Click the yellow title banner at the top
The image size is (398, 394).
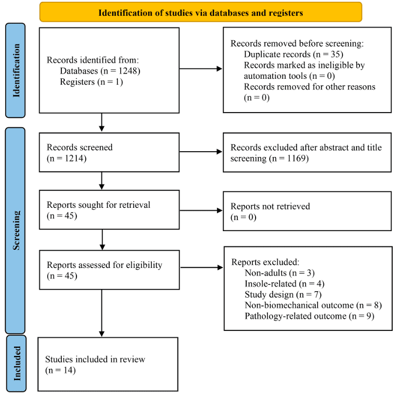[x=201, y=12]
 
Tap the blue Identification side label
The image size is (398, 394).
[x=16, y=70]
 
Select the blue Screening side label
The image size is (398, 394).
[x=15, y=231]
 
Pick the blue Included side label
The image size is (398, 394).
[x=16, y=363]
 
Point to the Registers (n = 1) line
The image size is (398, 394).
[x=92, y=82]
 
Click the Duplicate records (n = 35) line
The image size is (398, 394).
[x=294, y=54]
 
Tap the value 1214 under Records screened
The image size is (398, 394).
[x=74, y=158]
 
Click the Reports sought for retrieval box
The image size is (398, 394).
[x=109, y=210]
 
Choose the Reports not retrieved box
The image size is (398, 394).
[x=307, y=211]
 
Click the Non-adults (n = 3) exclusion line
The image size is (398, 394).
[x=280, y=273]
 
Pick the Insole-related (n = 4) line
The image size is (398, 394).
[x=285, y=284]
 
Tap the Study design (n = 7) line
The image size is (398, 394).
[x=283, y=295]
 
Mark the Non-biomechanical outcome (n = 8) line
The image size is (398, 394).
[x=313, y=305]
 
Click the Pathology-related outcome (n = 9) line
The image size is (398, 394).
[x=309, y=316]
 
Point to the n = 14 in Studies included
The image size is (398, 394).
[x=61, y=370]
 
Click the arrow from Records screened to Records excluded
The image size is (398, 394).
[x=201, y=152]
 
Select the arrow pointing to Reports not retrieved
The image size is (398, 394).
[x=201, y=211]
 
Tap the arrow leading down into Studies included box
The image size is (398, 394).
[x=102, y=313]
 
